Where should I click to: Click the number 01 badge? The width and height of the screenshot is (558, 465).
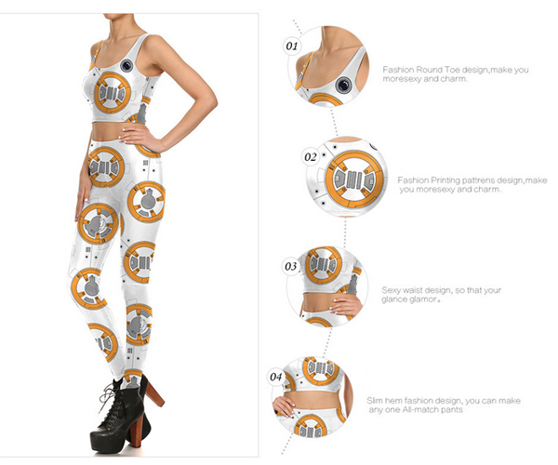click(x=292, y=46)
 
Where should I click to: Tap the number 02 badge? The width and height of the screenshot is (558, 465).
click(x=311, y=157)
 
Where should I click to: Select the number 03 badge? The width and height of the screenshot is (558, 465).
click(x=291, y=266)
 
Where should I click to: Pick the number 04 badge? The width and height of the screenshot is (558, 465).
click(x=276, y=377)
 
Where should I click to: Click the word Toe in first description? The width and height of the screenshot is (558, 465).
click(x=452, y=70)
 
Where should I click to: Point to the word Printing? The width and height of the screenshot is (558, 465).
click(x=445, y=180)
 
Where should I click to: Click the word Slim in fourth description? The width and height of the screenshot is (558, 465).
click(x=375, y=401)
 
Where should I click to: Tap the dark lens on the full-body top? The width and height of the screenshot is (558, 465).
click(x=126, y=65)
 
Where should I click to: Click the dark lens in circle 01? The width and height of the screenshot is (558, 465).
click(x=344, y=85)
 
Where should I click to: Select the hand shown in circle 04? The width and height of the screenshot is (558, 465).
click(x=285, y=405)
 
